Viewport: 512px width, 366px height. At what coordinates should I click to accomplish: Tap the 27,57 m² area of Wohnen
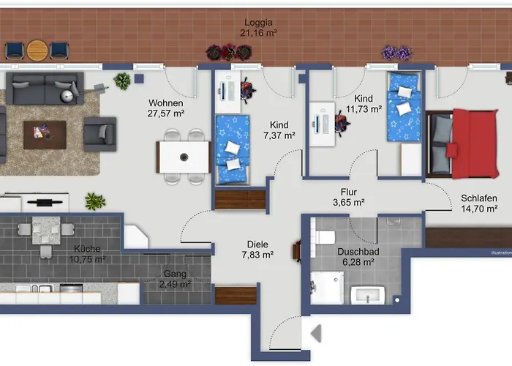click(x=167, y=113)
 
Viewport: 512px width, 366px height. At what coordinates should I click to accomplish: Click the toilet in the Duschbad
click(x=325, y=236)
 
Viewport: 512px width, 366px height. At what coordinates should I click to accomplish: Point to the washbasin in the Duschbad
click(x=368, y=295)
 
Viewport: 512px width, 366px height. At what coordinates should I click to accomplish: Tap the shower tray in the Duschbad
click(x=326, y=288)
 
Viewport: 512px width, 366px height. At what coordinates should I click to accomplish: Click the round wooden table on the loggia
click(x=37, y=50)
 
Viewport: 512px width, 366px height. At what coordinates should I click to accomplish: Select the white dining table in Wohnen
click(x=183, y=156)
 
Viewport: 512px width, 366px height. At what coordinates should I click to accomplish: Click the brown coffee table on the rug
click(x=44, y=133)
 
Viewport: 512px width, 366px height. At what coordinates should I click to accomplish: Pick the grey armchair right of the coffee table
click(x=99, y=134)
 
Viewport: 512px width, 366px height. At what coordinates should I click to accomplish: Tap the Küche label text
click(x=88, y=249)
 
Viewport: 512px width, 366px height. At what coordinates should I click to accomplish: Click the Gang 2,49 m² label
click(x=176, y=279)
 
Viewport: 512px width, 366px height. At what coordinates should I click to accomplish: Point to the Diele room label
click(x=257, y=244)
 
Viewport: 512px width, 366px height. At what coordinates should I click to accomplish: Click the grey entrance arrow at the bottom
click(x=316, y=334)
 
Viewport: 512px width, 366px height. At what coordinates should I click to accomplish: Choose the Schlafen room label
click(x=479, y=198)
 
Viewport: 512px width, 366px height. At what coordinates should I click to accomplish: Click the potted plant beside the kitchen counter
click(x=94, y=201)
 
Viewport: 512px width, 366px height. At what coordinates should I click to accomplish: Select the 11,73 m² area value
click(x=364, y=109)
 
